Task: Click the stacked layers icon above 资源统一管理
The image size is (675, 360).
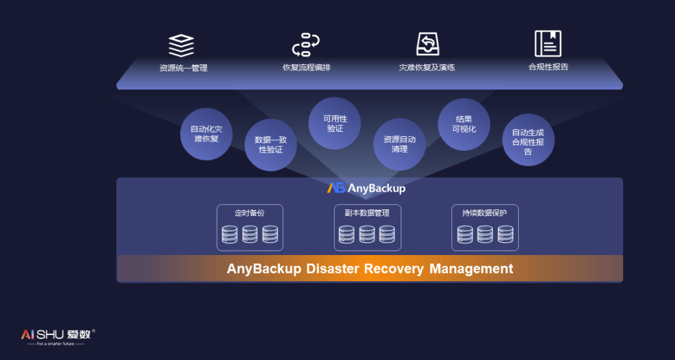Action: tap(181, 45)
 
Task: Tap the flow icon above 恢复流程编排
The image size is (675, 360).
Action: tap(306, 45)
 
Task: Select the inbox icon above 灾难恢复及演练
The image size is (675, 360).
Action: tap(427, 44)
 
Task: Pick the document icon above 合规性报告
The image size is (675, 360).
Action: tap(548, 44)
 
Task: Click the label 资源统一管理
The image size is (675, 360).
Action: tap(183, 68)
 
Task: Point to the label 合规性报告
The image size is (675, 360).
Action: tap(548, 67)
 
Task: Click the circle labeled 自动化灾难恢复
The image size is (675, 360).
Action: tap(206, 134)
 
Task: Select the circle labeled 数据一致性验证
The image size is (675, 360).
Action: tap(271, 145)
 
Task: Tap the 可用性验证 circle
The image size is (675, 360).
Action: tap(335, 123)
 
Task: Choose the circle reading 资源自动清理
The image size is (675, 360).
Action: tap(399, 144)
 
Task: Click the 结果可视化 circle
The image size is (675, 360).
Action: tap(464, 124)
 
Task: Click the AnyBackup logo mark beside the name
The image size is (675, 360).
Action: tap(336, 188)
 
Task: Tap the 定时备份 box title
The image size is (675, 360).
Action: tap(249, 213)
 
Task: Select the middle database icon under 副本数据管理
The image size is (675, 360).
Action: tap(367, 234)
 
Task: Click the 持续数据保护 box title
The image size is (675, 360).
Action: tap(484, 213)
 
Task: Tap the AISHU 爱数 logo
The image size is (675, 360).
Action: tap(58, 334)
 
